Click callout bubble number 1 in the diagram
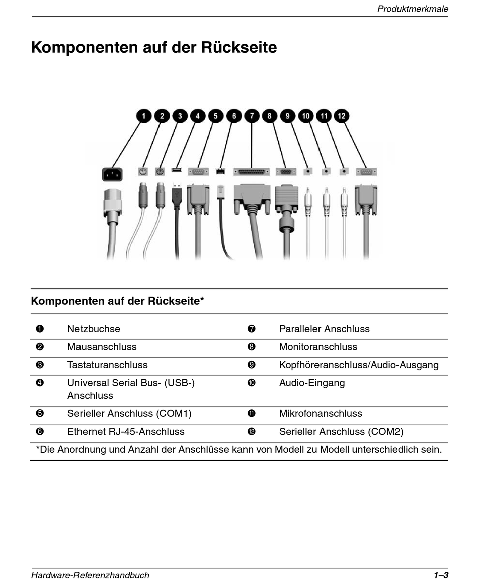coord(144,116)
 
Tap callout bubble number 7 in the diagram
coord(252,116)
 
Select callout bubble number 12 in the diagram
coord(342,116)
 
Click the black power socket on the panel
coord(112,174)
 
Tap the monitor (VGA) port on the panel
coord(286,172)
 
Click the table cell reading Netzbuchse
coord(94,329)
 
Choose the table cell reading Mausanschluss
coord(102,347)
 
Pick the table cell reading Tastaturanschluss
coord(107,365)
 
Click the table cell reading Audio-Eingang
coord(312,383)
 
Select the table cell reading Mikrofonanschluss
coord(321,414)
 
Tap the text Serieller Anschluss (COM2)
coord(341,432)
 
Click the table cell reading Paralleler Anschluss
coord(324,329)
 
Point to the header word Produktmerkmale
coord(413,9)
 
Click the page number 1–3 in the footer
coord(441,575)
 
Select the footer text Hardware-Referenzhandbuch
coord(91,575)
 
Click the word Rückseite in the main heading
coord(239,48)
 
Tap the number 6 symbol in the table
coord(40,432)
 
